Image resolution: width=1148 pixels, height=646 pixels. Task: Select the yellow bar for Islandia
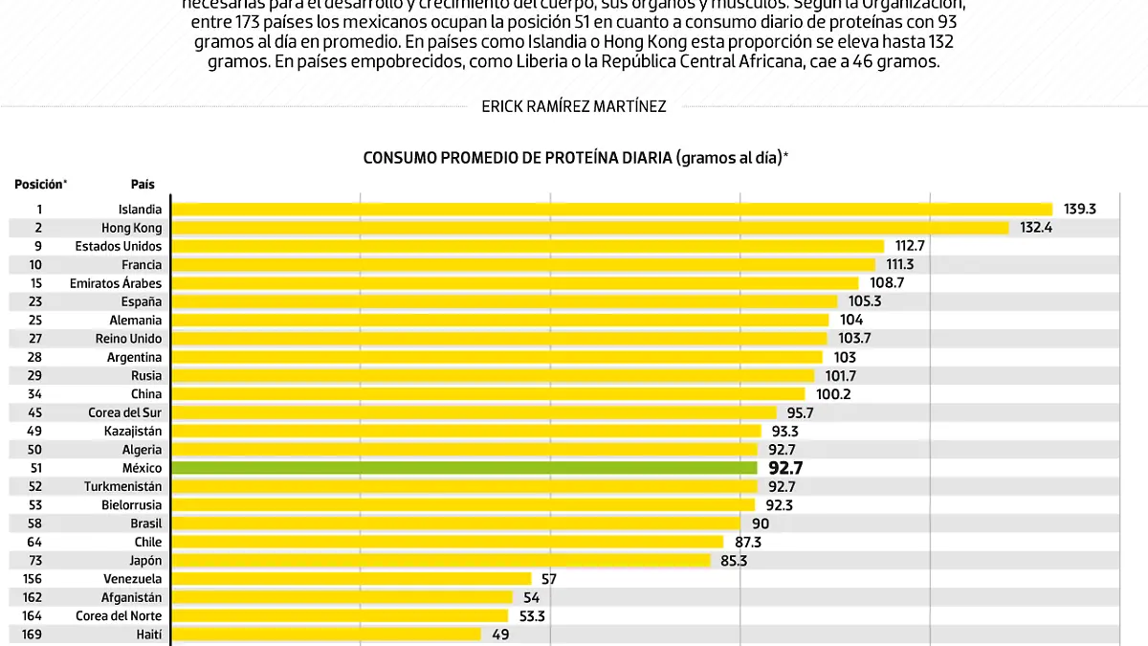point(612,209)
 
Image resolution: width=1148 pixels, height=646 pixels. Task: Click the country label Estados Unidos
point(119,246)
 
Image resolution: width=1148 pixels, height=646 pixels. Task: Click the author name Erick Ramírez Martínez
point(574,106)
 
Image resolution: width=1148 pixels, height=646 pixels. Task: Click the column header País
point(143,184)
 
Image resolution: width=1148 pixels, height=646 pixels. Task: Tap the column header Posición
point(40,184)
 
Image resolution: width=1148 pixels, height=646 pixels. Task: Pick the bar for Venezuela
point(351,578)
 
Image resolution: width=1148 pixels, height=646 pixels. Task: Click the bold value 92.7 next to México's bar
point(785,468)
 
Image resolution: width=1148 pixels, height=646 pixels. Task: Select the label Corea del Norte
point(119,615)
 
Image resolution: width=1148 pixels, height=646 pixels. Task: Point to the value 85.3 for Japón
point(733,560)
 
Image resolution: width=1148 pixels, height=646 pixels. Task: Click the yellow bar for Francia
point(523,264)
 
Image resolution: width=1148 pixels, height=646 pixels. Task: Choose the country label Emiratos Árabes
point(116,283)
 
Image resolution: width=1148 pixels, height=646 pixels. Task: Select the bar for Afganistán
point(342,597)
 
